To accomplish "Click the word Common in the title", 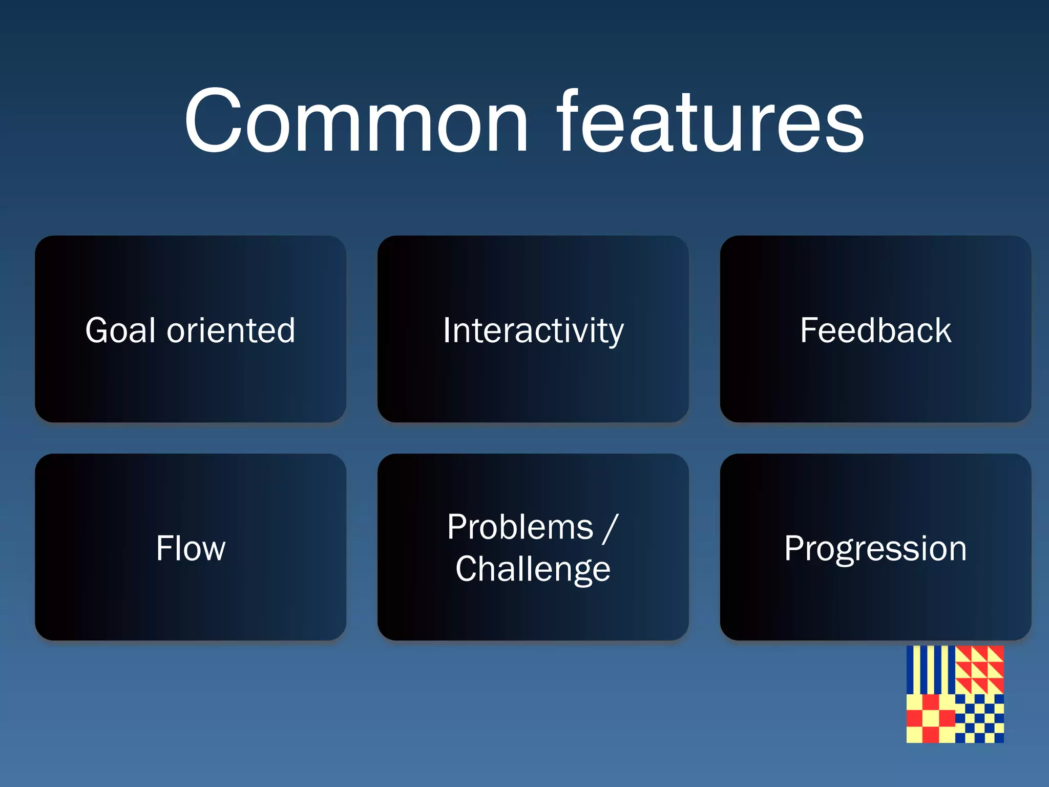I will point(356,122).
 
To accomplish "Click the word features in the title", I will point(710,122).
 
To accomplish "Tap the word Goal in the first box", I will point(120,330).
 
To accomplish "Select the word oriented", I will point(231,330).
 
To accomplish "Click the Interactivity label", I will point(533,331).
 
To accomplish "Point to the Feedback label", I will point(875,330).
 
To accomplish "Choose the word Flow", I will point(191,548).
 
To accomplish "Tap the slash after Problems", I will point(611,528).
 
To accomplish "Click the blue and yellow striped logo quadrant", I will point(930,670).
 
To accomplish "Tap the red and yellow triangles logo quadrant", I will point(979,670).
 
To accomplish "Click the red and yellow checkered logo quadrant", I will point(930,718).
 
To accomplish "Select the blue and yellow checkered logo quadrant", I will point(979,718).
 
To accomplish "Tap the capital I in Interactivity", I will point(447,330).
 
